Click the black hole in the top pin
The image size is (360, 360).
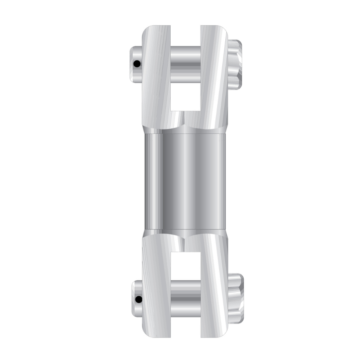(137, 64)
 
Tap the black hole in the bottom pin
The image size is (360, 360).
(138, 299)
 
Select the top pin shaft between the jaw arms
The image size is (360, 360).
(185, 63)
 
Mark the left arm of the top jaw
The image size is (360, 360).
(156, 77)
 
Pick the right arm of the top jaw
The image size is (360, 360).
(213, 77)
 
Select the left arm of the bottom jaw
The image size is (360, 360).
(157, 288)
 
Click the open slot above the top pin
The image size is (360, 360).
(185, 36)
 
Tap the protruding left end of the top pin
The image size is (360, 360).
(135, 62)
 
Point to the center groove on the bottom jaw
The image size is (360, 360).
(184, 242)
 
